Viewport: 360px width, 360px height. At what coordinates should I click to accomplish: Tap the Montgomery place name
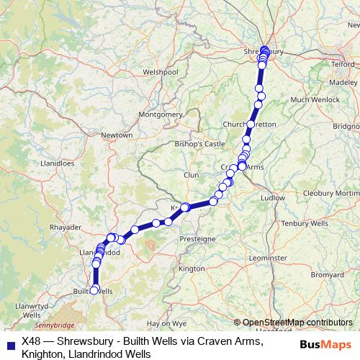pyautogui.click(x=161, y=114)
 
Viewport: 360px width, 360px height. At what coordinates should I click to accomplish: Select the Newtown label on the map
pyautogui.click(x=117, y=135)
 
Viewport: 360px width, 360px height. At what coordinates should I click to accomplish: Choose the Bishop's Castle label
pyautogui.click(x=200, y=144)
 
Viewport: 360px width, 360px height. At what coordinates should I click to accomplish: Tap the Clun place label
pyautogui.click(x=191, y=175)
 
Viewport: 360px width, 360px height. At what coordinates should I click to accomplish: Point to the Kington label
pyautogui.click(x=192, y=269)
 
